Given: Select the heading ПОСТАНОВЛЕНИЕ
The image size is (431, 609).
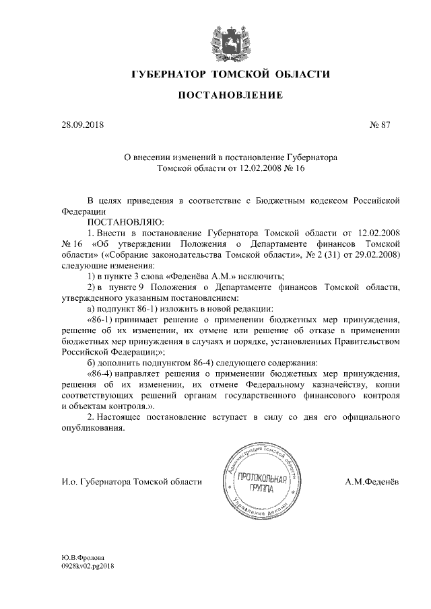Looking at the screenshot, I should (x=230, y=96).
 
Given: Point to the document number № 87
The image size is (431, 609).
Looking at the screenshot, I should (x=380, y=124).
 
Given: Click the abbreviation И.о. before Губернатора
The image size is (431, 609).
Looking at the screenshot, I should (x=68, y=482).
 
